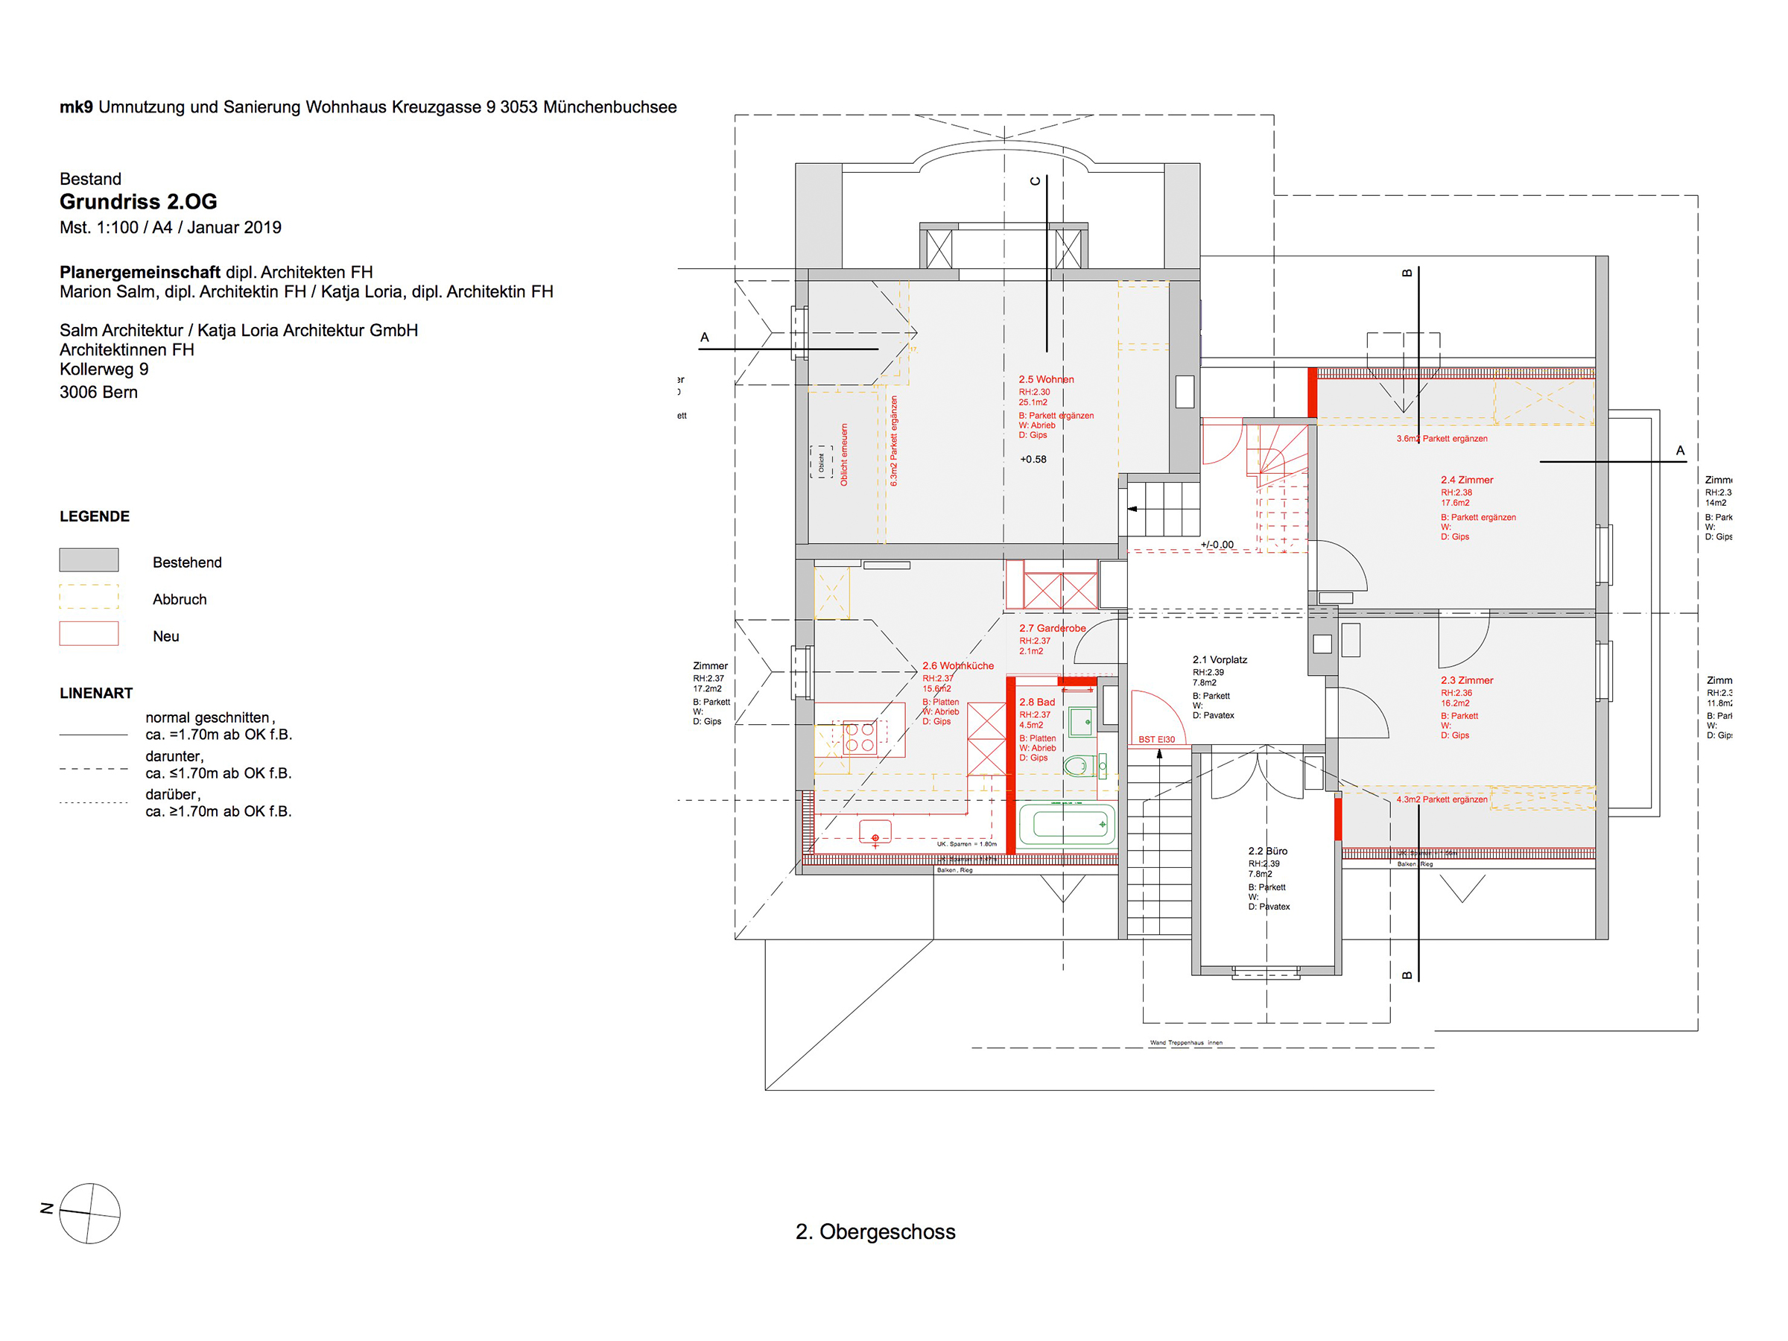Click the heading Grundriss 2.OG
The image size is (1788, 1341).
point(139,201)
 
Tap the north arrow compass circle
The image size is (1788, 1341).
point(89,1214)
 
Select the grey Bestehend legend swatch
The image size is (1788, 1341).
point(89,560)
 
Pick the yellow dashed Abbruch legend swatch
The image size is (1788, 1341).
point(89,597)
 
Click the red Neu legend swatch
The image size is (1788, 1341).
point(89,634)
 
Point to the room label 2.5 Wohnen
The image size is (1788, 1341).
point(1046,379)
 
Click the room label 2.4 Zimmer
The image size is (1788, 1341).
point(1466,480)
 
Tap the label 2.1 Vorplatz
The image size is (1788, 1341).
point(1220,659)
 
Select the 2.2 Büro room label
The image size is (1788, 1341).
point(1267,851)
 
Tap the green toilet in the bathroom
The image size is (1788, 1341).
point(1078,765)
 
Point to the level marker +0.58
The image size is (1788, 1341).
point(1033,459)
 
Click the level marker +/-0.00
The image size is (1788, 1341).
point(1217,545)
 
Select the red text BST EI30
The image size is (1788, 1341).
point(1157,740)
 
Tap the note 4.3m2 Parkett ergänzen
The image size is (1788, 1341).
point(1442,799)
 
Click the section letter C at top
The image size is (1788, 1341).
point(1036,181)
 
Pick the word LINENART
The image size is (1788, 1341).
point(95,693)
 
